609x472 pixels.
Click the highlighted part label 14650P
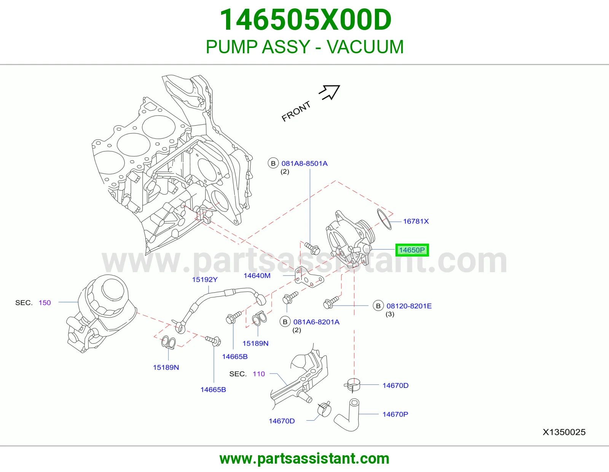[x=412, y=250]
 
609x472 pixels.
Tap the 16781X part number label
[x=416, y=222]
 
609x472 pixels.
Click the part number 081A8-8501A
[x=304, y=163]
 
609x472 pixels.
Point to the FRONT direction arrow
[x=330, y=92]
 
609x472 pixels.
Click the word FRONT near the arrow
[x=296, y=111]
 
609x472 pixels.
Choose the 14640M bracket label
[x=257, y=276]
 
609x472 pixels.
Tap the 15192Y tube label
[x=205, y=279]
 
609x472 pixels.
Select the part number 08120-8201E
[x=409, y=306]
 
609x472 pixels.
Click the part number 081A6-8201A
[x=316, y=322]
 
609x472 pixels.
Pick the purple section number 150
[x=45, y=303]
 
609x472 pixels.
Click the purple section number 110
[x=259, y=374]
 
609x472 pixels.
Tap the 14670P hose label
[x=395, y=414]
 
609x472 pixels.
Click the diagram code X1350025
[x=564, y=432]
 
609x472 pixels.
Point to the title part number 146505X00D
[x=305, y=20]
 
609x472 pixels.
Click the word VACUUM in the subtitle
[x=365, y=46]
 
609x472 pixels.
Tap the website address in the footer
[x=304, y=459]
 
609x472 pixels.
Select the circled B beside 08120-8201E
[x=378, y=306]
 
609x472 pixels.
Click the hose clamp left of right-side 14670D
[x=352, y=385]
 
